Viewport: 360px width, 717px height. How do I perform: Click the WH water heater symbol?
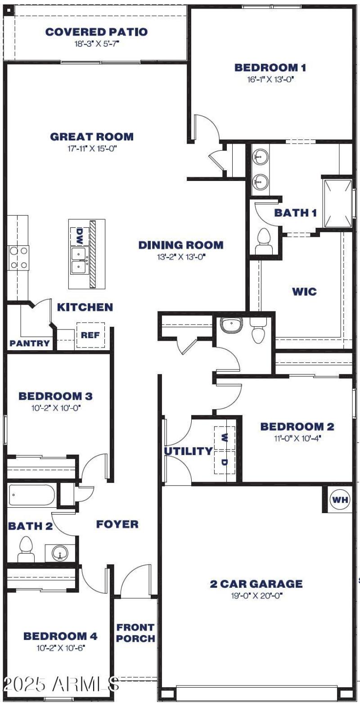point(340,500)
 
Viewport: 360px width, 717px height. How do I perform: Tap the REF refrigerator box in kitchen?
point(90,335)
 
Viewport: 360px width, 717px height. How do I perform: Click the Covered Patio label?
point(96,32)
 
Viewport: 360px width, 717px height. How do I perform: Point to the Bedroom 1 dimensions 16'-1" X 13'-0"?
point(270,80)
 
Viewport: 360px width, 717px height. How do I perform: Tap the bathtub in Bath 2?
point(31,496)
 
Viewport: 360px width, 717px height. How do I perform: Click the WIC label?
point(304,291)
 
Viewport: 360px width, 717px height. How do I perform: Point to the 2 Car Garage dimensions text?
point(256,596)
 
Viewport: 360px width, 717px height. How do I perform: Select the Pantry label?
point(30,343)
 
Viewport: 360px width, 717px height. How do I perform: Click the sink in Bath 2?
point(60,552)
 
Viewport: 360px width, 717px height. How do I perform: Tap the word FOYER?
point(117,524)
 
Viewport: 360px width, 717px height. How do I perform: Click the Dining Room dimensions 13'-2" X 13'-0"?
point(180,257)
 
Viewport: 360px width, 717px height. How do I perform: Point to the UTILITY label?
point(188,451)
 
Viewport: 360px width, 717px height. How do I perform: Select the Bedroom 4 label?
point(60,636)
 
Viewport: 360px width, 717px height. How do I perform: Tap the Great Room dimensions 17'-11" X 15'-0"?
point(92,149)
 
